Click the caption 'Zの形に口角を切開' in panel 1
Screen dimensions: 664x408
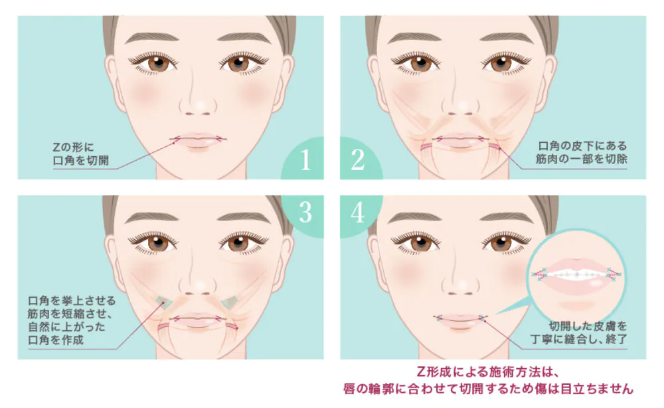pos(80,153)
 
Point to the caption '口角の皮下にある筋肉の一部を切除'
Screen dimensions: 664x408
pos(582,153)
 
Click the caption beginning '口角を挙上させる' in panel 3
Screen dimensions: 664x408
pos(71,320)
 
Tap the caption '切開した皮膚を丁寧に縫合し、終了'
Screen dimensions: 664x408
pos(578,333)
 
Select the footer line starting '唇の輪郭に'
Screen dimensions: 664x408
pos(488,389)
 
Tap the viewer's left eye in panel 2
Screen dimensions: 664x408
pos(420,63)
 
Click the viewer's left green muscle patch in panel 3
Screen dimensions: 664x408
pos(164,301)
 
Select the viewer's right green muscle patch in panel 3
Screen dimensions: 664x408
pos(230,301)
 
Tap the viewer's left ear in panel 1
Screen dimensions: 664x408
pos(112,80)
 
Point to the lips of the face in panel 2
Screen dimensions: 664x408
pos(460,140)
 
